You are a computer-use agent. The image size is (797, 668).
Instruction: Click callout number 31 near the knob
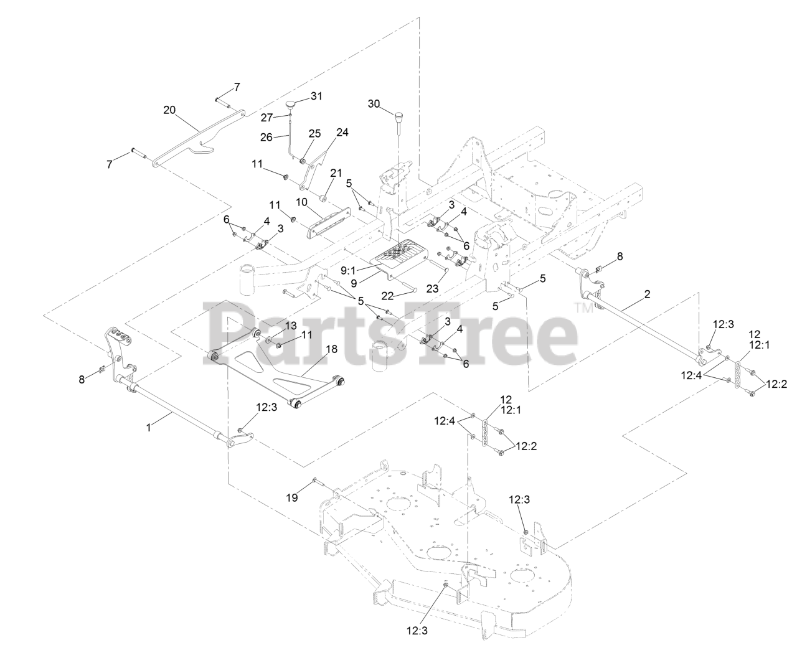[317, 96]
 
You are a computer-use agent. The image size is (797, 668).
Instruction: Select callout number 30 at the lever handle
[374, 103]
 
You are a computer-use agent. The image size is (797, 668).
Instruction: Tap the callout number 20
[169, 110]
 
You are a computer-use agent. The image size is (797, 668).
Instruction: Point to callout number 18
[331, 349]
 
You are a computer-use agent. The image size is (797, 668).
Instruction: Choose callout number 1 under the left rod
[148, 428]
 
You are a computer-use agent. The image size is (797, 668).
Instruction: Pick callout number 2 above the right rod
[647, 294]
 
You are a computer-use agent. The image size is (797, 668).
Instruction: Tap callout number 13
[291, 326]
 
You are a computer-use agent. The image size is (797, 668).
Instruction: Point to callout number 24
[342, 132]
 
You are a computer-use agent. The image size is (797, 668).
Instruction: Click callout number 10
[302, 202]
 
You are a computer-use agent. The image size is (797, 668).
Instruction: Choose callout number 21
[336, 172]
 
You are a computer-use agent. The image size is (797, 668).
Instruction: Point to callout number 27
[267, 117]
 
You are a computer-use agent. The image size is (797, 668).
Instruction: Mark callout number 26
[266, 137]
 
